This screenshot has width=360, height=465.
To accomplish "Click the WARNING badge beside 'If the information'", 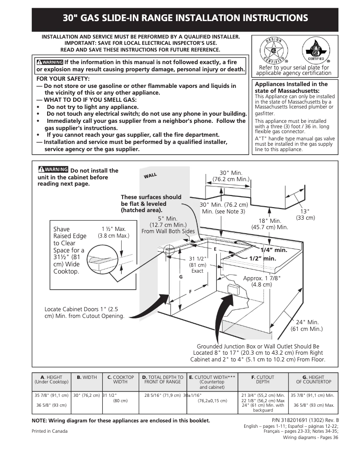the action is point(50,62).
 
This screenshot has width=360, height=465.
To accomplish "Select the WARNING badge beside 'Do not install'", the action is point(53,170).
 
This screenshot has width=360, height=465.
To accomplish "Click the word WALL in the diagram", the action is point(150,175).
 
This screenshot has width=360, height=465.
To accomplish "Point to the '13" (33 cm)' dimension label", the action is point(305,214).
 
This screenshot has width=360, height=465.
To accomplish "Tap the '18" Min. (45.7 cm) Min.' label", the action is point(269,224).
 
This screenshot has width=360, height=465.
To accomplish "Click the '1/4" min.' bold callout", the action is point(273,250).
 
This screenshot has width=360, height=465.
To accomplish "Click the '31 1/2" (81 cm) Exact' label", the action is point(197,265).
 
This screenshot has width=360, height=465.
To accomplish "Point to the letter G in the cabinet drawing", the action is point(180,277).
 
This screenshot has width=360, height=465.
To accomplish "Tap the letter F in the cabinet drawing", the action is point(190,291).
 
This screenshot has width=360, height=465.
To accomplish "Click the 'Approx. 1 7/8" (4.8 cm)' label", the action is point(262,281).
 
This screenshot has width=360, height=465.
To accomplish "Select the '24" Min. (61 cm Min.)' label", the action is point(307,326).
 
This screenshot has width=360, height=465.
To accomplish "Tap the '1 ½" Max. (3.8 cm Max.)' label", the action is point(113,232).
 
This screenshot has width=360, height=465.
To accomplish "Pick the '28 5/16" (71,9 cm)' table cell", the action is point(162,395).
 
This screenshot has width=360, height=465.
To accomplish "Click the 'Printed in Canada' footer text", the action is point(49,431).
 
